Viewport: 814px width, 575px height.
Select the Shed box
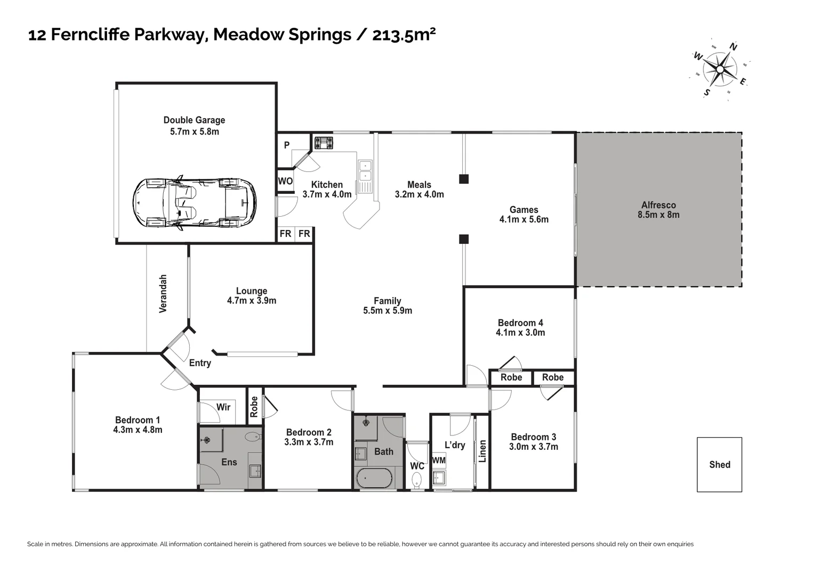click(719, 465)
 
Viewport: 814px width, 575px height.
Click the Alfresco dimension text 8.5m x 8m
click(658, 215)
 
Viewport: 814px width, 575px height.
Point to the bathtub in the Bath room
click(374, 478)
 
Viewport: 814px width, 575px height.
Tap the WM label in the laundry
click(439, 461)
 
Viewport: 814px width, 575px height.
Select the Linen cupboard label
click(483, 451)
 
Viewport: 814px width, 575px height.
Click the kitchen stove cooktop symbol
click(324, 143)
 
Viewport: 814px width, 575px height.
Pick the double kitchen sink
click(365, 171)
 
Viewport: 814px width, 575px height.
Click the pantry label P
click(286, 145)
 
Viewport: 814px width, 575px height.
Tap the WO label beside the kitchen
click(285, 181)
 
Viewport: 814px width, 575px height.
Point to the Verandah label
click(163, 293)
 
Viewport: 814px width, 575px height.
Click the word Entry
click(200, 363)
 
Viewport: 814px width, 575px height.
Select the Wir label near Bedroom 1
click(223, 407)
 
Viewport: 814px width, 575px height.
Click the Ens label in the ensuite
click(229, 462)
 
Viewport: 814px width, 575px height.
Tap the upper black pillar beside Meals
click(464, 179)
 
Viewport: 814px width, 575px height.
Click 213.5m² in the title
click(404, 35)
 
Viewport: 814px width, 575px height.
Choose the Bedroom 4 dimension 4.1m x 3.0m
click(520, 333)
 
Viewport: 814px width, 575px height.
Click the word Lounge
click(252, 291)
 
